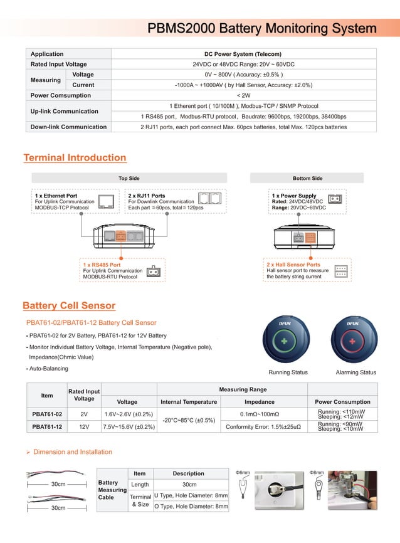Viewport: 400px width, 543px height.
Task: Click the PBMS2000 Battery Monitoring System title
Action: coord(261,29)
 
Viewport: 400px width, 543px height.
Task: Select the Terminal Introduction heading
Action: coord(75,158)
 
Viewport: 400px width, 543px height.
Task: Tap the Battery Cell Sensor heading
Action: coord(69,306)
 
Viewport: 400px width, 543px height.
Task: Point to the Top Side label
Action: coord(129,178)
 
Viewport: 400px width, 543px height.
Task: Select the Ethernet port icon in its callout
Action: coord(108,200)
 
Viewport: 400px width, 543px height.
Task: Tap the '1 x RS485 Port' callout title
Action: coord(102,265)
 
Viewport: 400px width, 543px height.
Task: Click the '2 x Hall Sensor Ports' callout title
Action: coord(293,265)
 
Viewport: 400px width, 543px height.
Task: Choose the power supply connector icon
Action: coord(337,199)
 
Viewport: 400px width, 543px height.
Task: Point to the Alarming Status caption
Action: coord(355,372)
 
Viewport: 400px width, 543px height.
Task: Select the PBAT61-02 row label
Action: coord(47,414)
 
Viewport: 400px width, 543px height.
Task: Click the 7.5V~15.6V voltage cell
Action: coord(128,427)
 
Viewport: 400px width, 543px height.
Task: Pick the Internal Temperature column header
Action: coord(189,402)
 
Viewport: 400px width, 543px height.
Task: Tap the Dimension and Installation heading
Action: coord(73,452)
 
